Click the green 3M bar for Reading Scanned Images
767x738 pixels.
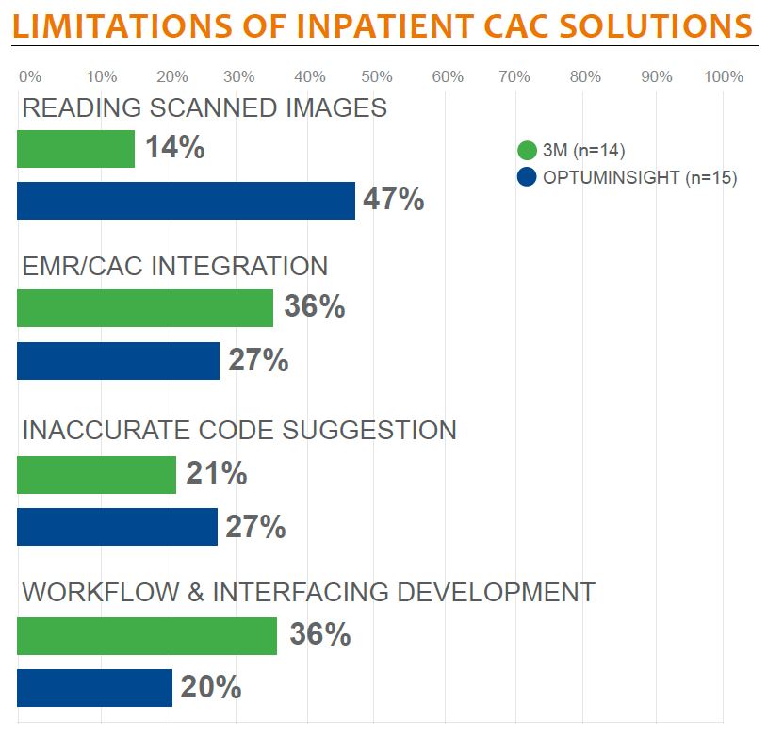[x=75, y=149]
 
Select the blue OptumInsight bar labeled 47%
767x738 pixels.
[x=186, y=201]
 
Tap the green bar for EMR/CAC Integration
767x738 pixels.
[x=145, y=308]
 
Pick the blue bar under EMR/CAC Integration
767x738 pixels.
[x=118, y=361]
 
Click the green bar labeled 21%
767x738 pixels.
[x=96, y=474]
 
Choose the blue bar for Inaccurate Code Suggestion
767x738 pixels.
[x=117, y=527]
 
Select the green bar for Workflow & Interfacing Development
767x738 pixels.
[x=147, y=635]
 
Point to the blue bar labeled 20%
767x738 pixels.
[x=94, y=688]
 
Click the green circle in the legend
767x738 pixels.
[x=528, y=151]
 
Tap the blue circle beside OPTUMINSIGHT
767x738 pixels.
[x=528, y=176]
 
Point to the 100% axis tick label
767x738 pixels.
[x=723, y=76]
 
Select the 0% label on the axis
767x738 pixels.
[x=29, y=76]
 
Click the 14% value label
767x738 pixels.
[x=174, y=148]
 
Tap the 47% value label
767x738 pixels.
[x=394, y=201]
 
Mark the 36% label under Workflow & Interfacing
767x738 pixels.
[x=320, y=635]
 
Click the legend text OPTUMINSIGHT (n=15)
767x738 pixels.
[x=640, y=176]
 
